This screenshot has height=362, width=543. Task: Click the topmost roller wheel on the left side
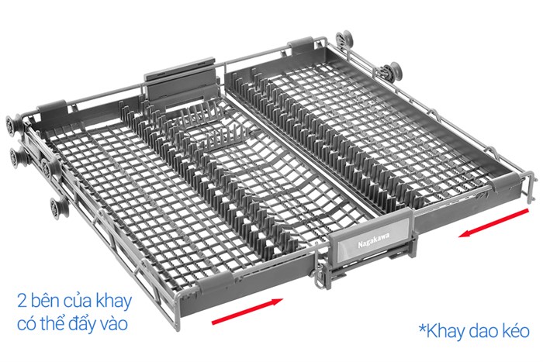[x=13, y=122]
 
